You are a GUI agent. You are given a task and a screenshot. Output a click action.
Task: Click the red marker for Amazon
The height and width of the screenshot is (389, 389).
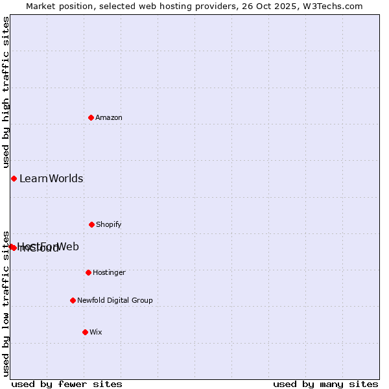91,117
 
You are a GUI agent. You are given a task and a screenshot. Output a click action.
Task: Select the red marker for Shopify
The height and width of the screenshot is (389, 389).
91,224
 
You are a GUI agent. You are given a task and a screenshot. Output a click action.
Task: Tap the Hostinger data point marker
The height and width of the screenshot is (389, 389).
88,272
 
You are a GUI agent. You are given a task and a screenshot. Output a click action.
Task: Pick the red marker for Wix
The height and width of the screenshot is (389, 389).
85,332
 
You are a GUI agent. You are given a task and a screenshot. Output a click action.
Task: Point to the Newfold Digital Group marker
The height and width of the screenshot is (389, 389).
73,300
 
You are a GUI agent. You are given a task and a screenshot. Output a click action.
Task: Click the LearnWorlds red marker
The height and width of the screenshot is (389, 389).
14,178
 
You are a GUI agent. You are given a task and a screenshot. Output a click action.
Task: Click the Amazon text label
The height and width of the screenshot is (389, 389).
109,117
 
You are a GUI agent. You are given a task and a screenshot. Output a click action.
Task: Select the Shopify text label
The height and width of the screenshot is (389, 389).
109,224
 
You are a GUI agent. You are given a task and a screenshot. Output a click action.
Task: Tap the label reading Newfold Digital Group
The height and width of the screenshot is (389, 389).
115,300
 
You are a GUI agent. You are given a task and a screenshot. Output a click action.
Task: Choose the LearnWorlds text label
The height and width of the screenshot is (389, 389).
51,178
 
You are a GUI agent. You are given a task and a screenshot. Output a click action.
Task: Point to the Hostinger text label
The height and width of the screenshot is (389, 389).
109,272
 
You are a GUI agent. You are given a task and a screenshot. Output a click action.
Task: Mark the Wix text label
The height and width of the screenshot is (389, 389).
96,332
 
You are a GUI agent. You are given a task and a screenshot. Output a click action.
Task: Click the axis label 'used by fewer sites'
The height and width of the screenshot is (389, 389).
67,384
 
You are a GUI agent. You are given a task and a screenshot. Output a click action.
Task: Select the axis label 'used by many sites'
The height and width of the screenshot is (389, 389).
325,384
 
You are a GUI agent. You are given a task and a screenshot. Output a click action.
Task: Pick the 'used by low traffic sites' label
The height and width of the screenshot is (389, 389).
6,303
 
